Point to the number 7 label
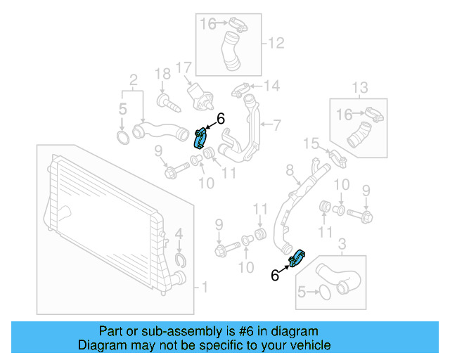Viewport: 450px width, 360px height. coord(276,126)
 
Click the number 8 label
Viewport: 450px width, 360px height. coord(288,170)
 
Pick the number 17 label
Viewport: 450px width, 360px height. coord(184,68)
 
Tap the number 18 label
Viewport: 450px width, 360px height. coord(162,74)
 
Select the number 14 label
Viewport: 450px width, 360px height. coord(271,86)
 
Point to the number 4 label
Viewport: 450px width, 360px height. coord(179,233)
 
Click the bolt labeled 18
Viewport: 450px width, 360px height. coord(169,103)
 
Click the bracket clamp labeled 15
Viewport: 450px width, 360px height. coord(335,159)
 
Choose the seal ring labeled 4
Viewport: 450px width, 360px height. coord(180,262)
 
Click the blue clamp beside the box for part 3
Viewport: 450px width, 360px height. coord(297,257)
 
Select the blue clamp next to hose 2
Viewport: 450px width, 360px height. coord(200,136)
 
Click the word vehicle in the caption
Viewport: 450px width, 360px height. coord(309,345)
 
